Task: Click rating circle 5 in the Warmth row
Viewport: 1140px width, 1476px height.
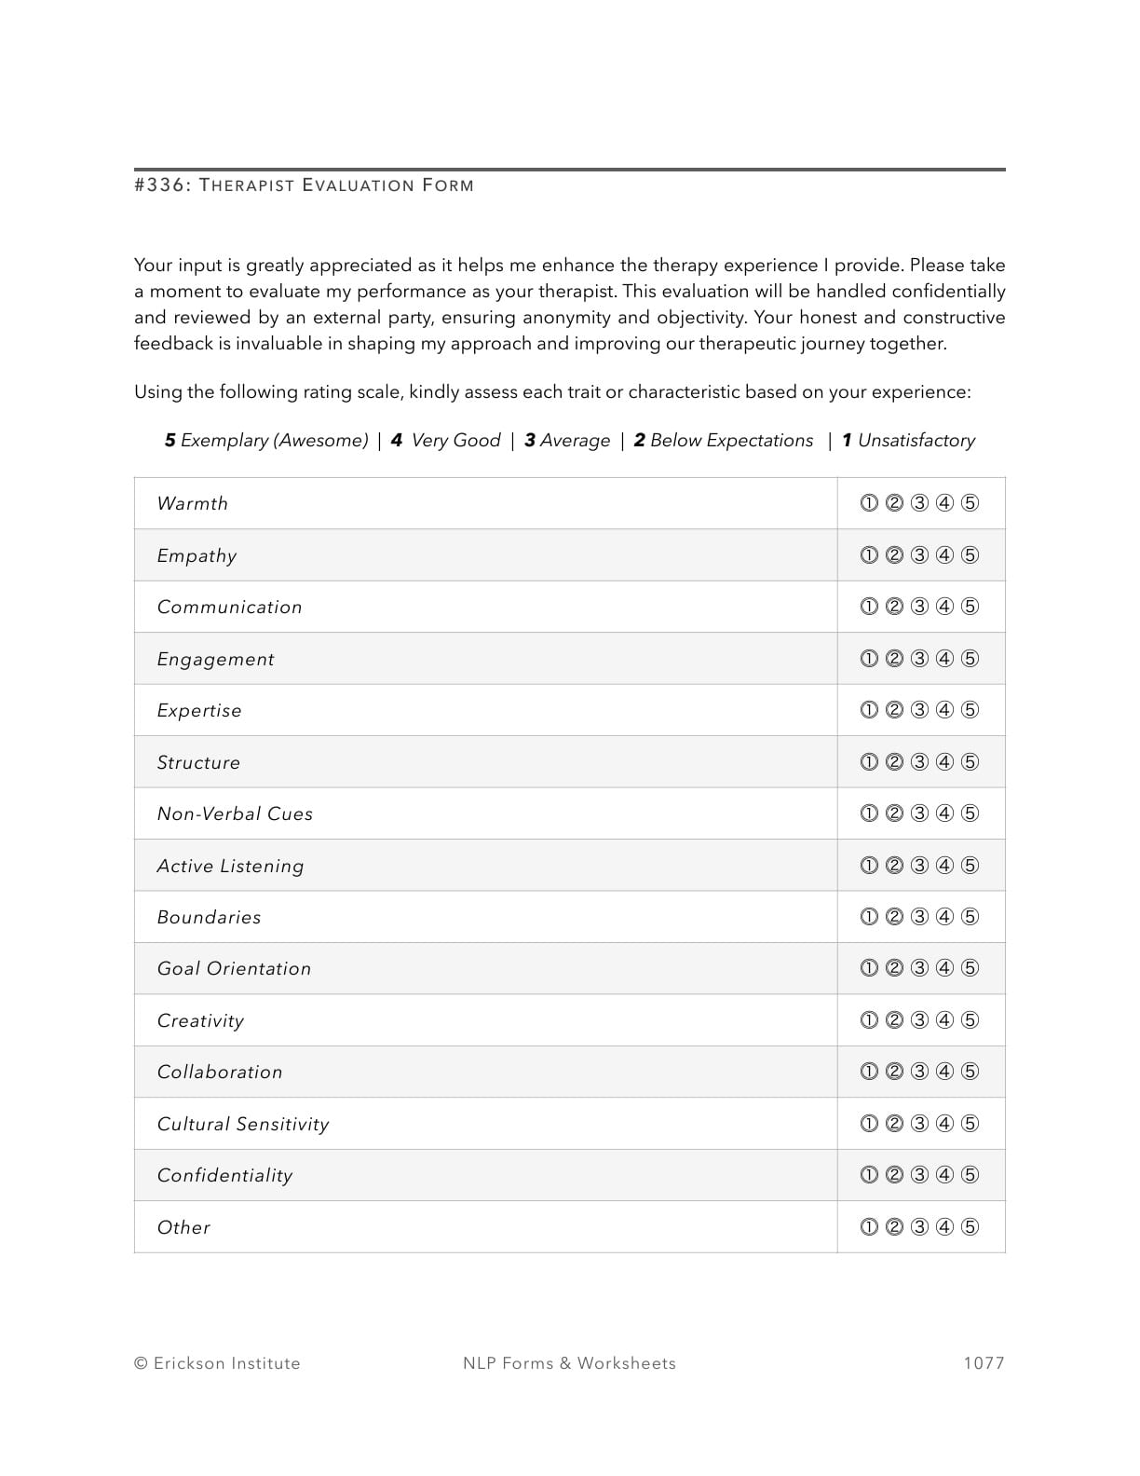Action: coord(970,503)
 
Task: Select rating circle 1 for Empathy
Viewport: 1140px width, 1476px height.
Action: coord(869,555)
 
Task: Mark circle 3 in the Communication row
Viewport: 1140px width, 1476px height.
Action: coord(919,607)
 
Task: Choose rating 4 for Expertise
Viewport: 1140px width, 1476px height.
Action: coord(944,710)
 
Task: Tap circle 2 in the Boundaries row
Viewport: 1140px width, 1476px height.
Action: coord(894,917)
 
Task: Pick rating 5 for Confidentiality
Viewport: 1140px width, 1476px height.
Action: coord(970,1175)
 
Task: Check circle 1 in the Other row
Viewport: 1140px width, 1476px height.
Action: coord(869,1227)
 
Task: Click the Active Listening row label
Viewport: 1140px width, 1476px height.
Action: coord(230,866)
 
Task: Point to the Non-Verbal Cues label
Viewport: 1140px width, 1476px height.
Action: coord(235,813)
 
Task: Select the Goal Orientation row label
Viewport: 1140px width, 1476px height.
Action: coord(234,968)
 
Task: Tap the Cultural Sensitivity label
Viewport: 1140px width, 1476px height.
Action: coord(243,1124)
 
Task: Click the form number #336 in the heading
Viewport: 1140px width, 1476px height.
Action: coord(162,184)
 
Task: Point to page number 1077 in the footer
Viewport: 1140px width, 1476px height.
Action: coord(984,1363)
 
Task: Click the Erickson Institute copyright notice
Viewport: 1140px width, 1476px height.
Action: coord(217,1363)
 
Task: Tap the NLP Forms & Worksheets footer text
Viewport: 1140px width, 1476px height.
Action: coord(569,1363)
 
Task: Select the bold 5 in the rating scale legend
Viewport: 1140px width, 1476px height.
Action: coord(170,440)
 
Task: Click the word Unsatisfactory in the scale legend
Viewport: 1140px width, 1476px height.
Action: coord(916,440)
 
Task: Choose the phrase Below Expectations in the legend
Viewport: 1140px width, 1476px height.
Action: coord(731,440)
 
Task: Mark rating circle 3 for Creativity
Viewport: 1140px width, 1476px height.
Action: coord(919,1020)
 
